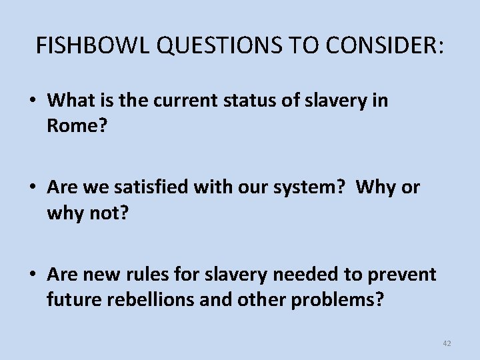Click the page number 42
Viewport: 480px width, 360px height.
tap(446, 343)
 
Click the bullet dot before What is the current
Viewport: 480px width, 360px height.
tap(32, 101)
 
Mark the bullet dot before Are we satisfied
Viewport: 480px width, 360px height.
tap(32, 188)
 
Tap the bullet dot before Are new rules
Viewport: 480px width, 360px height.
tap(32, 275)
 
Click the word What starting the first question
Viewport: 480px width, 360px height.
tap(71, 101)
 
